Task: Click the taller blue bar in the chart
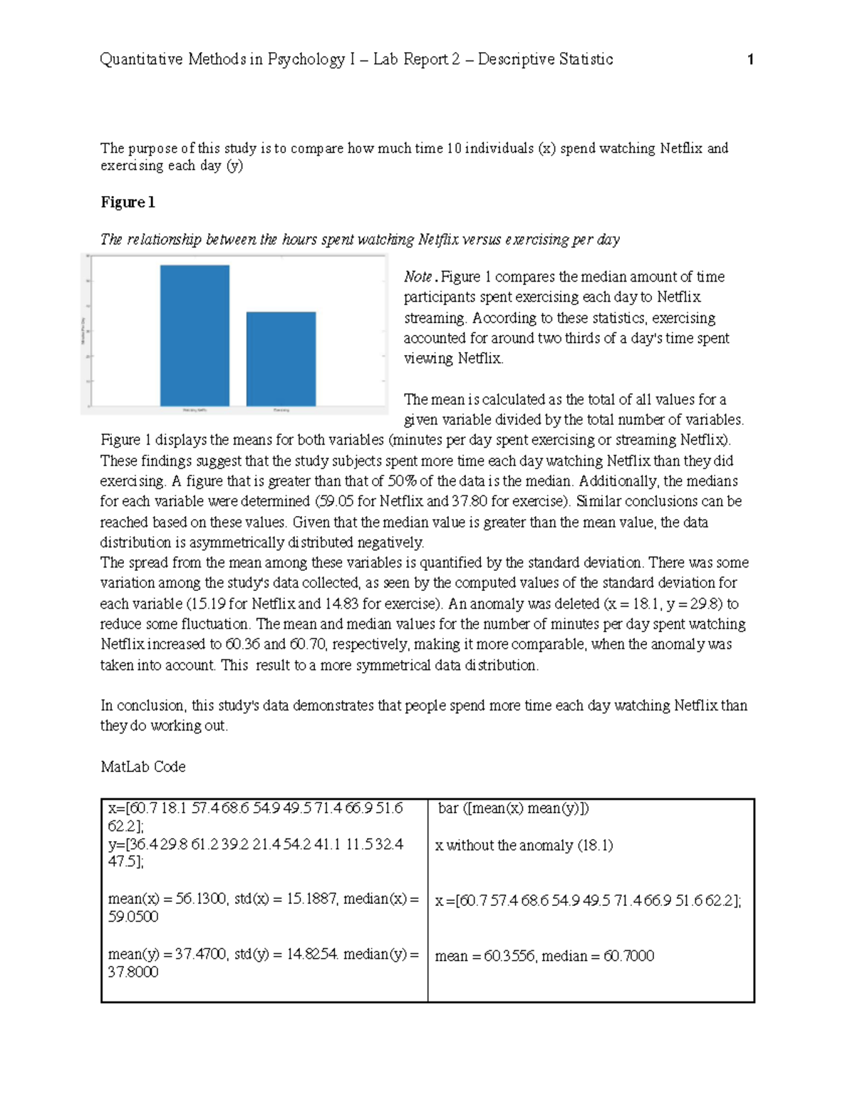click(195, 335)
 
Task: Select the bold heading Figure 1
click(128, 202)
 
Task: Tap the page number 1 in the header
click(750, 60)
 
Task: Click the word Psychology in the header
click(306, 59)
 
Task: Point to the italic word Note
click(418, 277)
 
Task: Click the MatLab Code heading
click(143, 767)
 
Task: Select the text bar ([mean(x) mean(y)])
click(513, 808)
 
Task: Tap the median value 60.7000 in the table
click(628, 956)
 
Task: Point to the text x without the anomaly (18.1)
click(524, 845)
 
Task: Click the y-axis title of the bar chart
click(83, 331)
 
